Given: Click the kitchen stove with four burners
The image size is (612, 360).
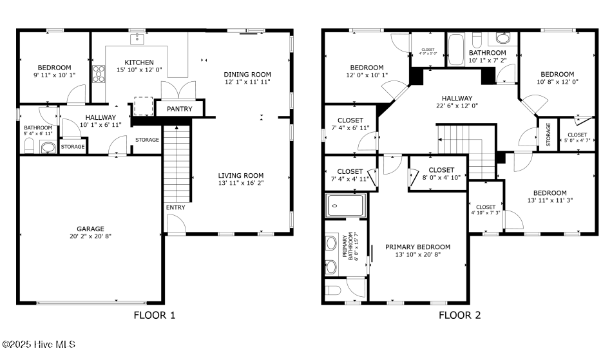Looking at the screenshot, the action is coord(99,73).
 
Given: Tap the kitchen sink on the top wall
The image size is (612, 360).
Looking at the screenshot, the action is coord(137,39).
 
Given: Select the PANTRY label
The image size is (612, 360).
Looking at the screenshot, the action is coord(180,109).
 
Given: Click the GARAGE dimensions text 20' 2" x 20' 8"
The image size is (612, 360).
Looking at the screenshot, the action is coord(90,236).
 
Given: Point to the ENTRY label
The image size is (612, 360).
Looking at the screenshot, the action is coord(176,207).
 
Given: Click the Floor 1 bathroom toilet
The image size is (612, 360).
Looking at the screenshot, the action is coord(30,147).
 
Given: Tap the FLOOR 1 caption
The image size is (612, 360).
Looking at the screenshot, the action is coord(155,315).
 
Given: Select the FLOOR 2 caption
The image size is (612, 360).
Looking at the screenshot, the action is coord(460,315).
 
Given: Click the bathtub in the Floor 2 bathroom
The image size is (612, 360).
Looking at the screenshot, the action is coord(456,50).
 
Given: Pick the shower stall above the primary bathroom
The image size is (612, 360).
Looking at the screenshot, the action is coord(345,205).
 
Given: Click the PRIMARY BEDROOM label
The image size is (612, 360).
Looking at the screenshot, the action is coord(417,247).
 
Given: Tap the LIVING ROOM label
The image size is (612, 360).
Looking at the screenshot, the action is coord(241,176).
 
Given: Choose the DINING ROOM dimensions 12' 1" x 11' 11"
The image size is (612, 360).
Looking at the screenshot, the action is coord(247,82).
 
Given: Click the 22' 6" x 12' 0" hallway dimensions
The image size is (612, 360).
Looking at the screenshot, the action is coord(457,106).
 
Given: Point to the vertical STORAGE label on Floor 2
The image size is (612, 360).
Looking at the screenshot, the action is coord(548,135).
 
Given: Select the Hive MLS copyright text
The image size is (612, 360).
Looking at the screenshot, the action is coord(38,345).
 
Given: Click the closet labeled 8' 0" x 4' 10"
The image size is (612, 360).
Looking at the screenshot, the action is coord(438,174).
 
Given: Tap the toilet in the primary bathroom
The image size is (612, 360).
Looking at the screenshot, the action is coord(333,290).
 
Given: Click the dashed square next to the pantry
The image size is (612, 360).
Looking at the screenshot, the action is coord(143,106).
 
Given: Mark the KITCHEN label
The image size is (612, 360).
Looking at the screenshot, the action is coord(139,62).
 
